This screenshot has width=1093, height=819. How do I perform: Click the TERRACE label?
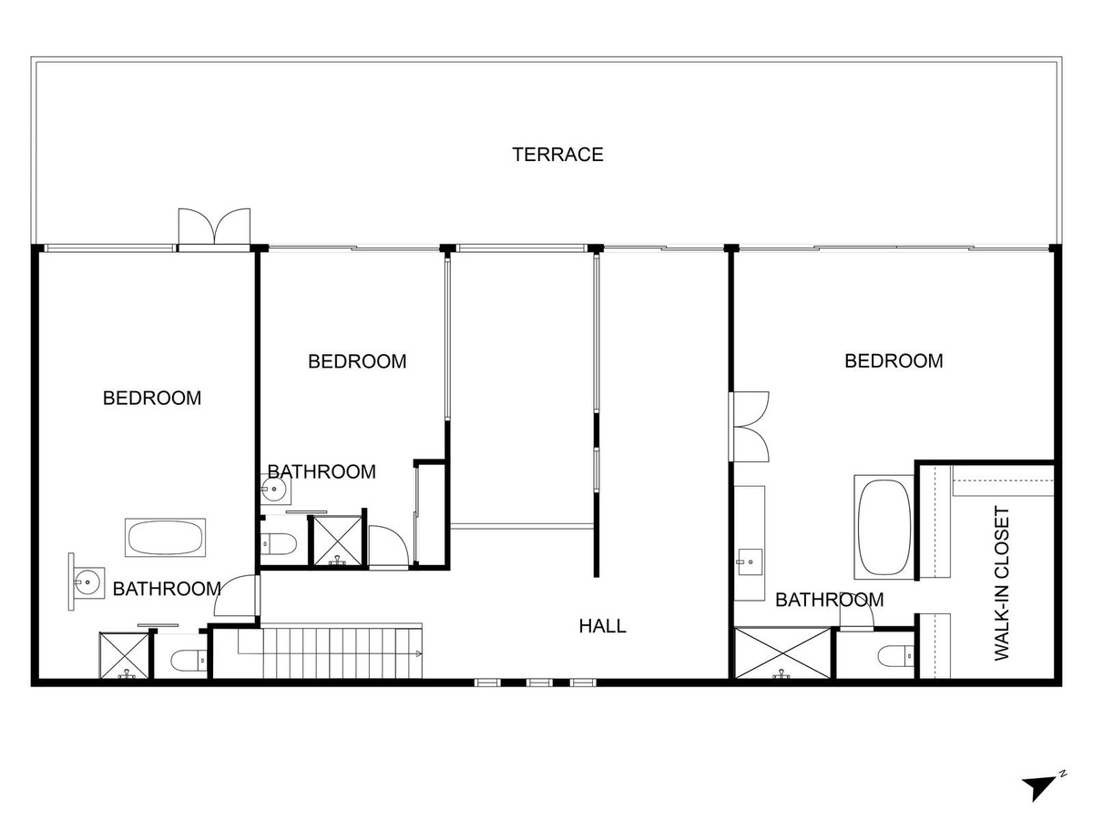(557, 155)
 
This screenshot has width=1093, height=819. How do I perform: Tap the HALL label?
(602, 626)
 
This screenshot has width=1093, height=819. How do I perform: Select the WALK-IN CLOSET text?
(1001, 583)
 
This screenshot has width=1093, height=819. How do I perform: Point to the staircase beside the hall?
(330, 652)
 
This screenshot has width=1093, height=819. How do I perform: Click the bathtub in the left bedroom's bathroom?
(166, 538)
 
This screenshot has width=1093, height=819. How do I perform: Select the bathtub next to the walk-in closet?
(884, 527)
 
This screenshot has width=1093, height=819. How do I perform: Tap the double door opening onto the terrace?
(215, 227)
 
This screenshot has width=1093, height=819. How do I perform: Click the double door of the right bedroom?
(749, 426)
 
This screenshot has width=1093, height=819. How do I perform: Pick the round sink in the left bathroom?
(88, 581)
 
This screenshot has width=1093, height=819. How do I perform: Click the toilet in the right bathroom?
(896, 656)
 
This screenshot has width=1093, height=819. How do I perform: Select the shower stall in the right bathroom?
(782, 652)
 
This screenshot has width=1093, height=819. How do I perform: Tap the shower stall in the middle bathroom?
(338, 541)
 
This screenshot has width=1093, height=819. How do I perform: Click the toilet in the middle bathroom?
(279, 544)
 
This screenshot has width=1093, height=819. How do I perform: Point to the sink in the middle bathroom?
(273, 490)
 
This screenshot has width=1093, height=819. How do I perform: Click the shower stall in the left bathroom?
(124, 655)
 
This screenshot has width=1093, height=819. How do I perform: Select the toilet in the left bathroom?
(189, 661)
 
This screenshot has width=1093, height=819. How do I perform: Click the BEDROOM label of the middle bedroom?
(357, 361)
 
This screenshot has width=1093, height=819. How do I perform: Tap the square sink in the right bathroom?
(750, 562)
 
